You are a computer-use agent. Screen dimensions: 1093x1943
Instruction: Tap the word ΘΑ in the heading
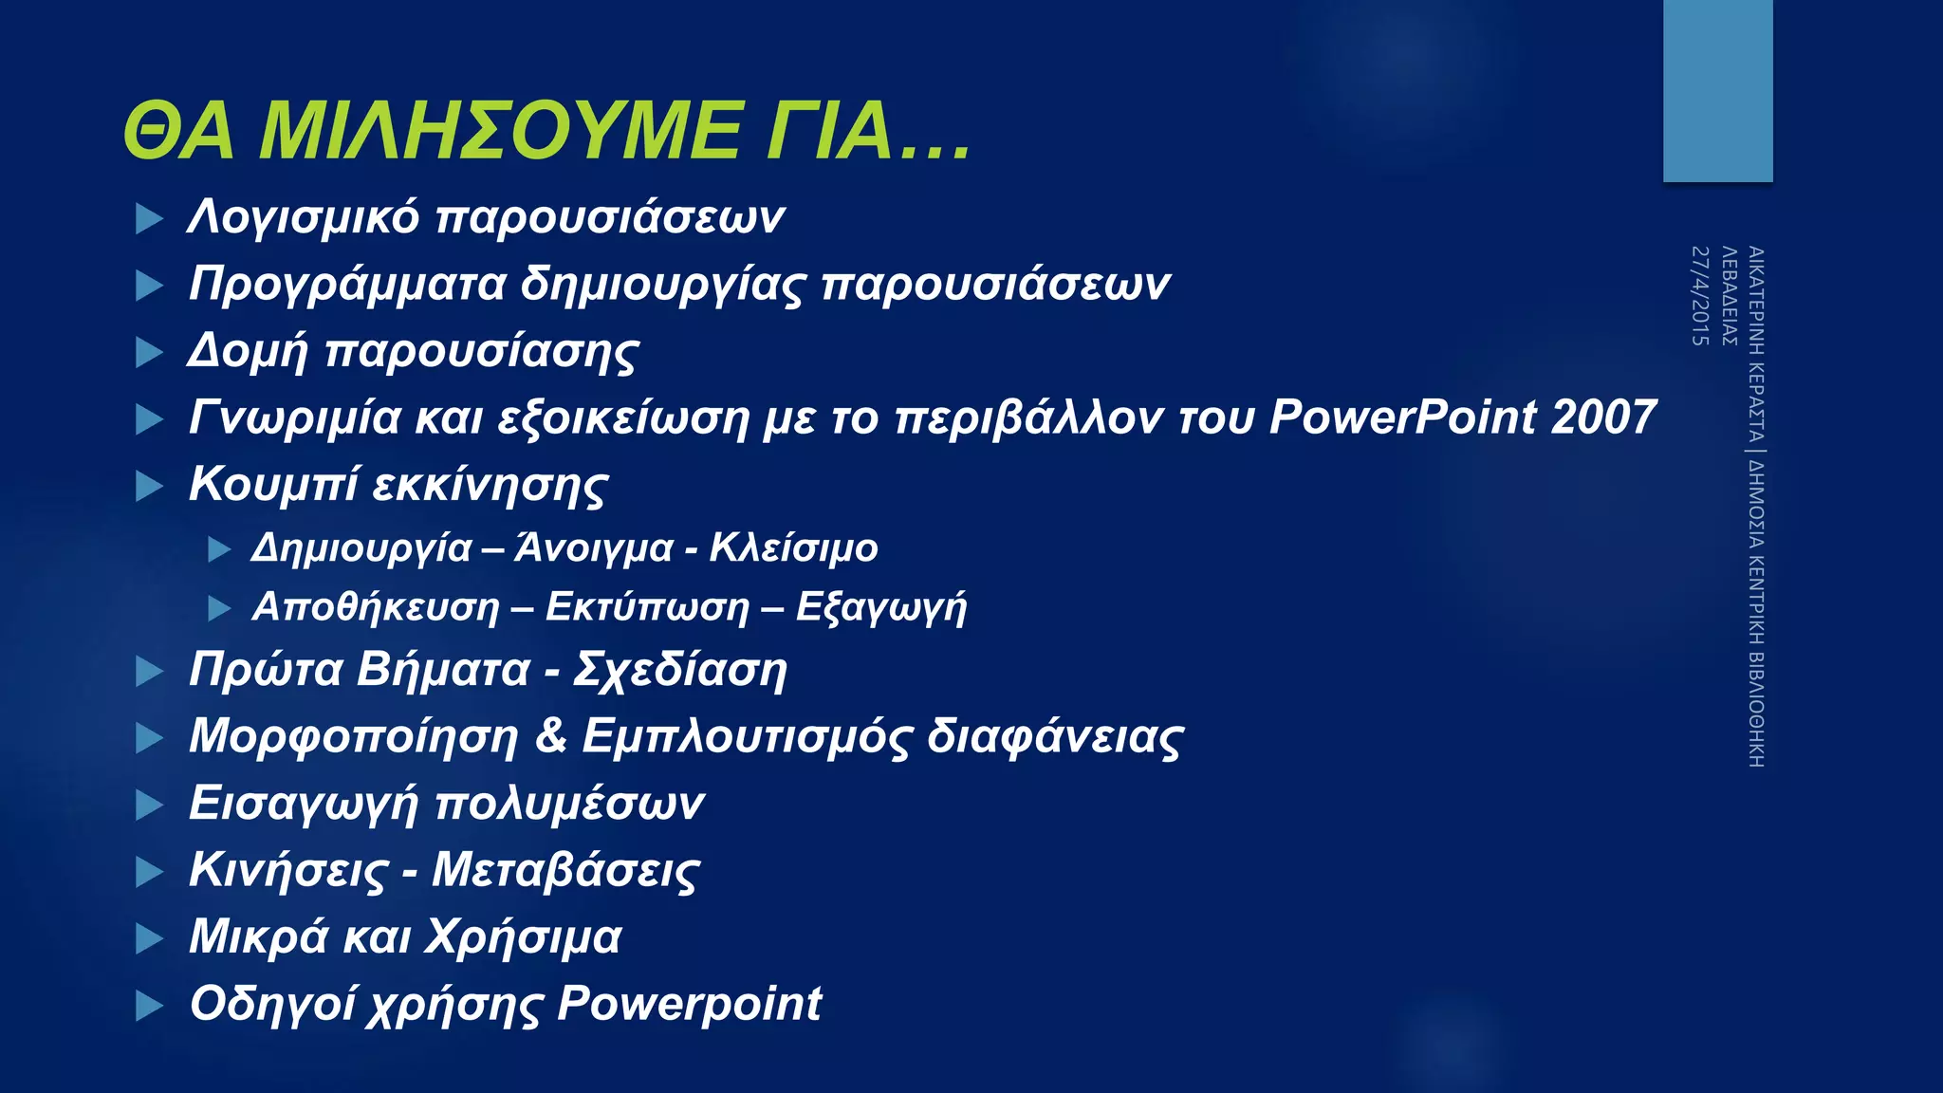point(178,132)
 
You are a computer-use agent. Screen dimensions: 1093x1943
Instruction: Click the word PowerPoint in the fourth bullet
point(1402,417)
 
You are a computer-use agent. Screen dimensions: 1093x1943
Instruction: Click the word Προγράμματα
point(347,285)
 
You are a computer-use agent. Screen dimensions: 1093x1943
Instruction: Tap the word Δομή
point(248,351)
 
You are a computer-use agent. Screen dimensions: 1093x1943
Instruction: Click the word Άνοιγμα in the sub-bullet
point(594,548)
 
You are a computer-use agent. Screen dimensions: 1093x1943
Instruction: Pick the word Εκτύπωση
point(647,607)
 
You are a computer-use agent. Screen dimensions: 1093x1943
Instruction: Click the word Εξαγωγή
point(880,608)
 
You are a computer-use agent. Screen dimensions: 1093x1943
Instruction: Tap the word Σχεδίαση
point(680,670)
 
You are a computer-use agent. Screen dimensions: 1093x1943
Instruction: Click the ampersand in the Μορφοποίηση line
point(551,735)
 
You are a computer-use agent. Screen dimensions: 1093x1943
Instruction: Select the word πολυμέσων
point(569,805)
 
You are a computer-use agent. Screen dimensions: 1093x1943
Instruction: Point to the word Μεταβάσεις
point(565,870)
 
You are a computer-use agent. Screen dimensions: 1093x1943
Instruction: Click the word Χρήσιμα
point(523,937)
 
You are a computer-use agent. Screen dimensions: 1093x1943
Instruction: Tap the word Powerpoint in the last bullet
point(689,1004)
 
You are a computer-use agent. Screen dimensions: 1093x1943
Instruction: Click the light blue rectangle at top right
point(1717,90)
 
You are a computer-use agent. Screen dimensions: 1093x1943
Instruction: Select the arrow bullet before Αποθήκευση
point(219,608)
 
